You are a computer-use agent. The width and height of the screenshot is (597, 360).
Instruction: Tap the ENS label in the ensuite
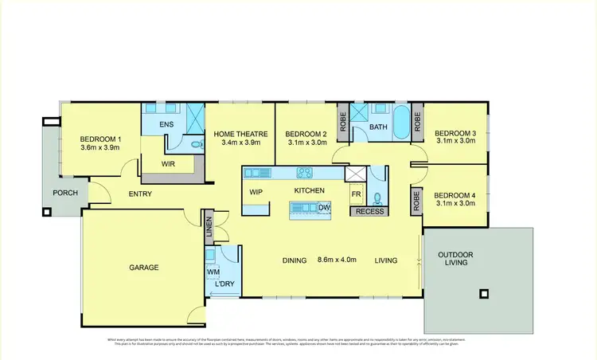pos(166,124)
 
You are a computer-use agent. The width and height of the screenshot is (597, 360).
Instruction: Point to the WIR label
pos(168,164)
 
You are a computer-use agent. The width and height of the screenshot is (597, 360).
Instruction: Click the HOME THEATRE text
pos(240,134)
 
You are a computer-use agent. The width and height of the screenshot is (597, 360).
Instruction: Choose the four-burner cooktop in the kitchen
pos(304,171)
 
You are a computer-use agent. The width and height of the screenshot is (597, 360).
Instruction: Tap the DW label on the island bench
pos(323,208)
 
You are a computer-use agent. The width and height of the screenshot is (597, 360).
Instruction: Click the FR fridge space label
pos(356,194)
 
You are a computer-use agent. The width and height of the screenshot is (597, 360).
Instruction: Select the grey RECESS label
pos(369,211)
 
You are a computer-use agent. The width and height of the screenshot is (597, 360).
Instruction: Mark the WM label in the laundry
pos(213,272)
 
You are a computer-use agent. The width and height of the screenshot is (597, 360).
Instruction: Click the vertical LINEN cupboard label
pos(209,228)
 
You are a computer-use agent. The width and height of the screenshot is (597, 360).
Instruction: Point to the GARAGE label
pos(144,268)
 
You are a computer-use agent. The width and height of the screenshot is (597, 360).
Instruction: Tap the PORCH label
pos(64,194)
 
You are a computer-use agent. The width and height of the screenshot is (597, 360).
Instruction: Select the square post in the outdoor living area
pos(482,293)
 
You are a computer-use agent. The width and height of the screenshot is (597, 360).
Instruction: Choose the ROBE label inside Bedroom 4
pos(416,199)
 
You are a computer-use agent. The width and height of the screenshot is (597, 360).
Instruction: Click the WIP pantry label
pos(256,192)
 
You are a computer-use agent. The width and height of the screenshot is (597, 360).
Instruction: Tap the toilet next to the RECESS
pos(379,197)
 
